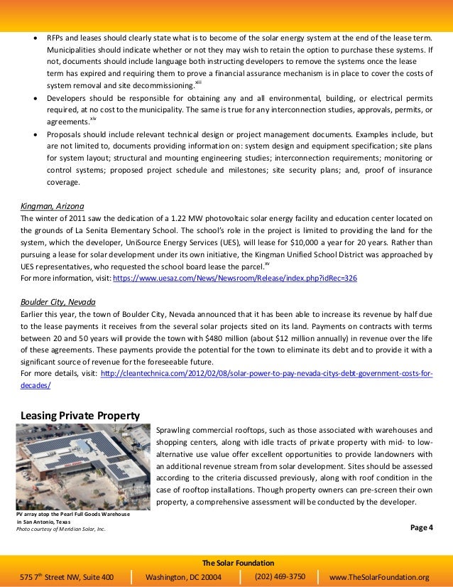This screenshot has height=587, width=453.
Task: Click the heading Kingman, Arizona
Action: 52,206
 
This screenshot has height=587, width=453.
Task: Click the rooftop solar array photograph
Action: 82,467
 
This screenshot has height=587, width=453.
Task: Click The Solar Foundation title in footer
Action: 226,561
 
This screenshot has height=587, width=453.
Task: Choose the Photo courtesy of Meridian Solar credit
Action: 61,529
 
